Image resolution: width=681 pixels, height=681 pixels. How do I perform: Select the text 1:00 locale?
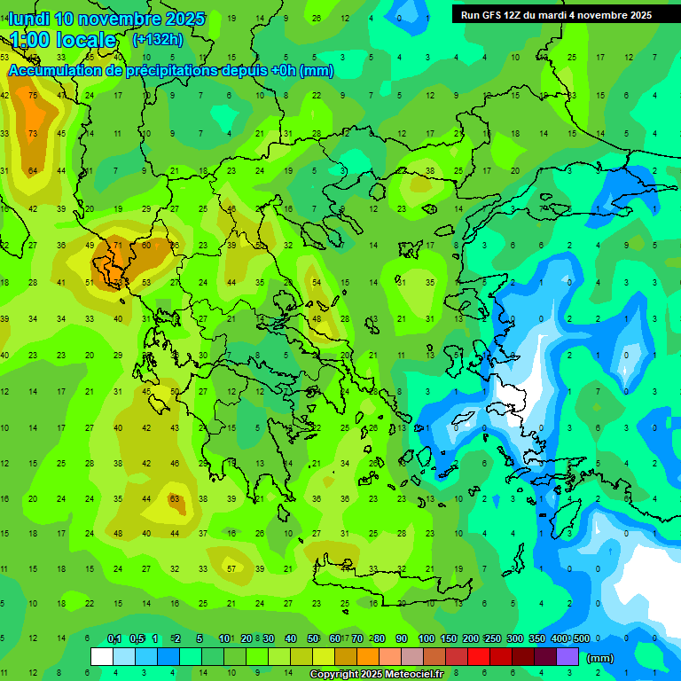[63, 40]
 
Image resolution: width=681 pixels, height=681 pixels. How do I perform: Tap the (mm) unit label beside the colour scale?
[600, 658]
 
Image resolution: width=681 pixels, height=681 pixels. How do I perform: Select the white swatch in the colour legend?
[102, 657]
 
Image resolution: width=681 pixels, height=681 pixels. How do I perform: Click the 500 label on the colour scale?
[581, 638]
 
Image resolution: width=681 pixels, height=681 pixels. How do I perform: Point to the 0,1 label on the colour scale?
[114, 638]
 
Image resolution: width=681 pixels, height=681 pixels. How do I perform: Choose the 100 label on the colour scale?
[426, 638]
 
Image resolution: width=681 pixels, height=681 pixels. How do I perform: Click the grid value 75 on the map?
[33, 96]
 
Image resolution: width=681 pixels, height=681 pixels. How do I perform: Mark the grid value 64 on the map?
[33, 171]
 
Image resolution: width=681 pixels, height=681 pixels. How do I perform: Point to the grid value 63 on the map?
[175, 499]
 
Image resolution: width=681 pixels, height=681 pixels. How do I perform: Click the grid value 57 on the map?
[231, 569]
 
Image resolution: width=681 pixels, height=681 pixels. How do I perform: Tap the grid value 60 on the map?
[146, 246]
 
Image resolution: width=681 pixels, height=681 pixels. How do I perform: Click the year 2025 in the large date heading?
[180, 19]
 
